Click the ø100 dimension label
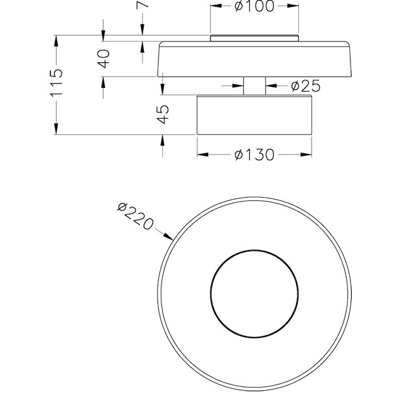pos(254,7)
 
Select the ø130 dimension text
pos(254,155)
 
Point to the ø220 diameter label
pos(136,217)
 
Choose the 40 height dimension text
pos(104,58)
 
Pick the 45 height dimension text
pos(162,114)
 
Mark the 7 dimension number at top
pos(143,5)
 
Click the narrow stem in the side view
pos(254,86)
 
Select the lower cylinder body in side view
pos(254,115)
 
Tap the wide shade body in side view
pos(254,60)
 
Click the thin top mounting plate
pos(254,38)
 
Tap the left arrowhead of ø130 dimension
pos(201,155)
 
